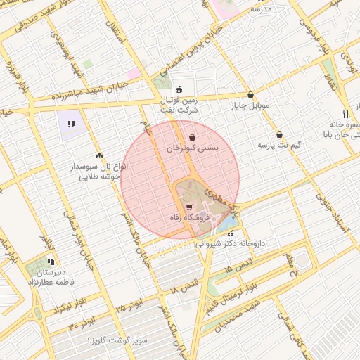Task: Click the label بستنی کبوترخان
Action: pos(192,149)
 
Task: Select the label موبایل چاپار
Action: pos(251,106)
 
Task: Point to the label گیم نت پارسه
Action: pos(279,145)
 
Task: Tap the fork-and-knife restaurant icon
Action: pos(345,114)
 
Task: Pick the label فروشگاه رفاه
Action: pos(189,219)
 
